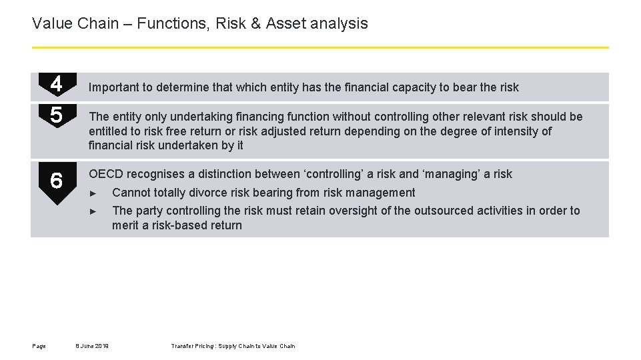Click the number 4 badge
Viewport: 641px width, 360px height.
pos(57,84)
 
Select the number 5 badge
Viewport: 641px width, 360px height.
pos(57,116)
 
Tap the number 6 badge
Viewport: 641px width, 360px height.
pos(57,181)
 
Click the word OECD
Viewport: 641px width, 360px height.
pos(106,174)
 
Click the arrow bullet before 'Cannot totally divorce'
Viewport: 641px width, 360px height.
pos(93,193)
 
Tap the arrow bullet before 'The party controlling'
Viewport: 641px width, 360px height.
pos(93,211)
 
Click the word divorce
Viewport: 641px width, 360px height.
pos(226,193)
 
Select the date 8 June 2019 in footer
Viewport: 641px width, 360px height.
pos(93,346)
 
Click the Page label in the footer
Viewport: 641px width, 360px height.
pos(39,346)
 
